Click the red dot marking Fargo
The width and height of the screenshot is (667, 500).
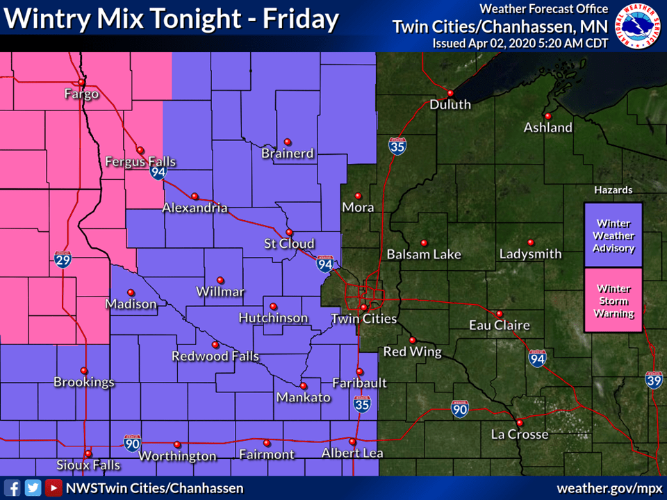point(81,82)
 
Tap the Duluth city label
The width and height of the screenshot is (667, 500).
point(450,105)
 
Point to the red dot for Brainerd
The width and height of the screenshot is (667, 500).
point(287,142)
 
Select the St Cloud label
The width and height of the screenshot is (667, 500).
point(289,244)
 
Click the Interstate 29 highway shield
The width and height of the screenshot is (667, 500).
point(62,260)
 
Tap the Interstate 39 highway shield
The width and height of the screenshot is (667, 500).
point(653,379)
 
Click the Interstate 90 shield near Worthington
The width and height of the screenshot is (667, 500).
point(132,442)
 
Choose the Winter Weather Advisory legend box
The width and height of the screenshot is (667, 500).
point(614,235)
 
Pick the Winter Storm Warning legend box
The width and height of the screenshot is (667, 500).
point(614,301)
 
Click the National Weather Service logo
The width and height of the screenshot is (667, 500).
point(639,25)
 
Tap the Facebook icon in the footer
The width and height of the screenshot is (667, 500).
point(13,487)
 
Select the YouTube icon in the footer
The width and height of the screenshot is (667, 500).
point(53,487)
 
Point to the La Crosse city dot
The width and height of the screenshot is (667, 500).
point(519,423)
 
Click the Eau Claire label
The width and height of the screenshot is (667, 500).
point(499,325)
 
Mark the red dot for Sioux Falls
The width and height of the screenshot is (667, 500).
point(88,453)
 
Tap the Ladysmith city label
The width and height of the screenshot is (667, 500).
point(530,254)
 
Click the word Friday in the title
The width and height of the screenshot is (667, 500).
point(300,19)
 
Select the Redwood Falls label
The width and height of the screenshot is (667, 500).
point(215,356)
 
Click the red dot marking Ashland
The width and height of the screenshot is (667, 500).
point(547,116)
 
